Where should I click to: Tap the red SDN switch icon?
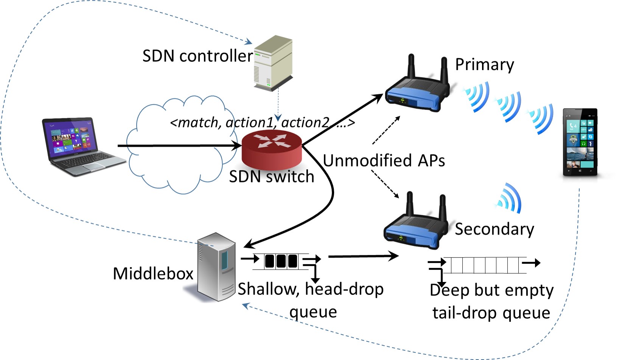tap(272, 150)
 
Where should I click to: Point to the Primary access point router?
tap(416, 93)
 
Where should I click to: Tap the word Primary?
tap(484, 64)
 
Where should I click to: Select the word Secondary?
tap(494, 229)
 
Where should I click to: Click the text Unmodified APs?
tap(384, 161)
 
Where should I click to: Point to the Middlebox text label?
tap(153, 273)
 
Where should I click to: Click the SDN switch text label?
tap(272, 177)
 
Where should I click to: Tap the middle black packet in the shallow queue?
tap(281, 261)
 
